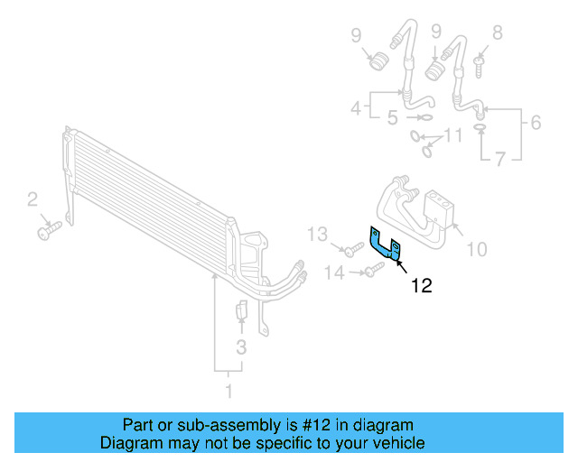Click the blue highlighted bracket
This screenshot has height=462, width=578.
click(384, 245)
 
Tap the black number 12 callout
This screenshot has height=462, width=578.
click(421, 287)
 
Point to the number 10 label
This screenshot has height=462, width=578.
click(475, 248)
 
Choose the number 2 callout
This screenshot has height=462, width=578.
click(33, 199)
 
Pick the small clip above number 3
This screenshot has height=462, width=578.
click(241, 311)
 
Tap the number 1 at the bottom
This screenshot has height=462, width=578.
click(228, 391)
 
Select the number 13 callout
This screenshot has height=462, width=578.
click(316, 236)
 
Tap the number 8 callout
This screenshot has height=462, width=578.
click(497, 33)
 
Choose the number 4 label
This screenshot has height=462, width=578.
click(356, 109)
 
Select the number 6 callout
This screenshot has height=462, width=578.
click(536, 123)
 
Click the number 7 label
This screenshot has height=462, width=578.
click(500, 159)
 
